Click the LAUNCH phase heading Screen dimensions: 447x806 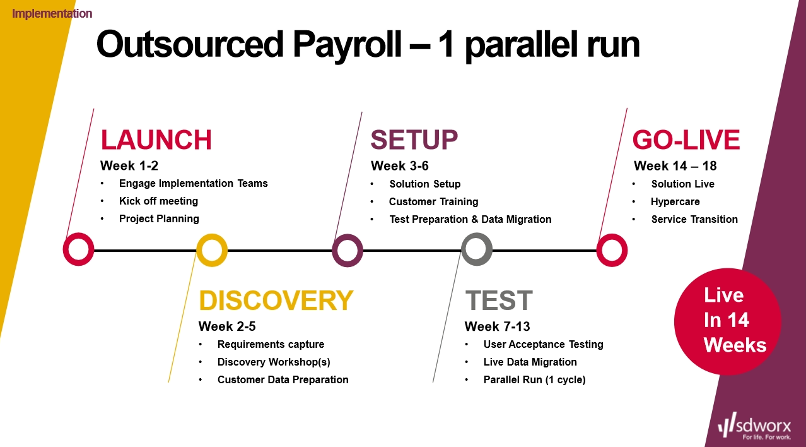pos(156,140)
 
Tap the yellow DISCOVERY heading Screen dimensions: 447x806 pos(276,301)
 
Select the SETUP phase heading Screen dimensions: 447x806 pos(414,140)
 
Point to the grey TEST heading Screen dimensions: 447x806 pos(498,301)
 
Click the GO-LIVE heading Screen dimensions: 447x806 pos(686,140)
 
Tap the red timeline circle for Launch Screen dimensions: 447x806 pos(78,250)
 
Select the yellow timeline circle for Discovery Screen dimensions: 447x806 pos(212,250)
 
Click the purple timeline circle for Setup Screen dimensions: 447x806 pos(348,250)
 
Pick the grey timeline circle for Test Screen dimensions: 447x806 pos(477,250)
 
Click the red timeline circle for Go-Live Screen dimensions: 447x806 pos(612,250)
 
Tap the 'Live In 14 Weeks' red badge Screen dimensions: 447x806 pos(727,321)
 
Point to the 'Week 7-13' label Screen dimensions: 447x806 pos(497,326)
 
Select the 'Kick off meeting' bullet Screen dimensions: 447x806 pos(158,201)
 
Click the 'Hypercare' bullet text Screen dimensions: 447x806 pos(675,202)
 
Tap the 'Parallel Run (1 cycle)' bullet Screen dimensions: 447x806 pos(534,379)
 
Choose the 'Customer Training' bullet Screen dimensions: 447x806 pos(433,202)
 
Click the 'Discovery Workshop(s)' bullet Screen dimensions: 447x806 pos(274,362)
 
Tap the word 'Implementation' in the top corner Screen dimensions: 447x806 pos(52,13)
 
